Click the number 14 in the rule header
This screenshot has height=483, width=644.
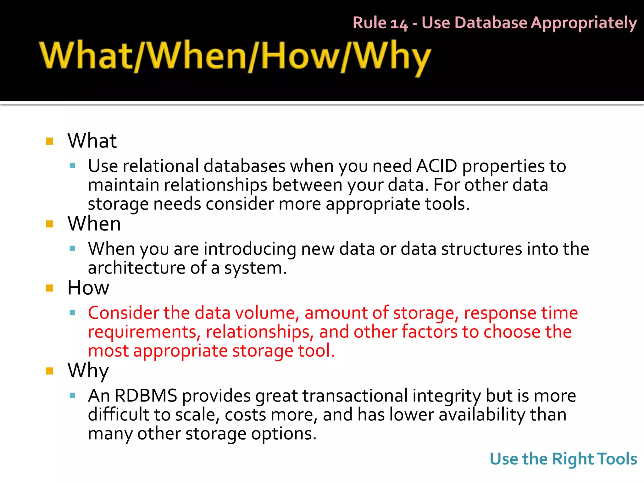pos(399,24)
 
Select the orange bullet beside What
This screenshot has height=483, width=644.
pos(49,141)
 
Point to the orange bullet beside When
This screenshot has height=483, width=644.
pos(49,224)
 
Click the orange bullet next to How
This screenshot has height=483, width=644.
pos(49,288)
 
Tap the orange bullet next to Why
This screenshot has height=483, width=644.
pos(49,371)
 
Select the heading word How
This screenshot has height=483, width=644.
pos(88,288)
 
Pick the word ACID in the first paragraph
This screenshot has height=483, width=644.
pos(436,166)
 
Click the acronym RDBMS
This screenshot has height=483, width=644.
pos(146,396)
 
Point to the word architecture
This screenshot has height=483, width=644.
pos(136,268)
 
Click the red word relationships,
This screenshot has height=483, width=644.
pos(260,332)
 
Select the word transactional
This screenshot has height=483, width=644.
pos(355,396)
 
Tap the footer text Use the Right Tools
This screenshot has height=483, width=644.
pos(563,459)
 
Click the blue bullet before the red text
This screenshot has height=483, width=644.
pos(72,313)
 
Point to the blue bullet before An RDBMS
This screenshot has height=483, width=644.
pos(72,396)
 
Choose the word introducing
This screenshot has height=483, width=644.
pos(250,249)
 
